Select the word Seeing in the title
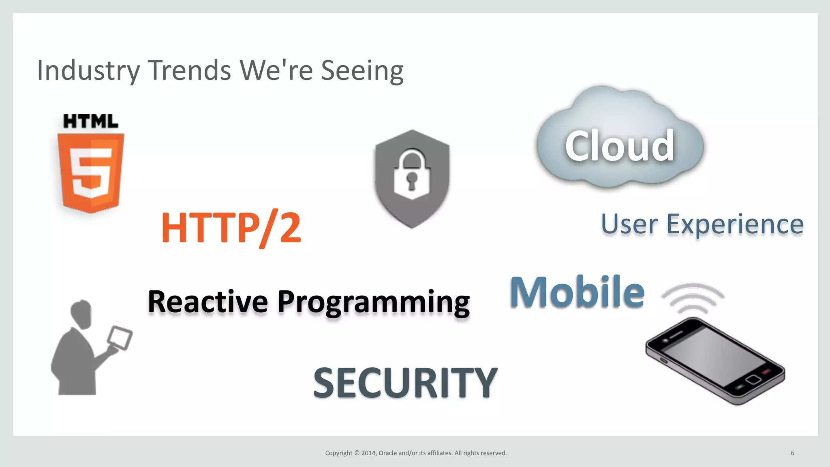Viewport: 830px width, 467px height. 362,71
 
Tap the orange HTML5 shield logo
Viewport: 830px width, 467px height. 91,172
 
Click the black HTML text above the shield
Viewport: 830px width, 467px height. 91,122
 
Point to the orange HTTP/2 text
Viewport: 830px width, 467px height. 231,228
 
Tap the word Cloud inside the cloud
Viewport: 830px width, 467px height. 620,146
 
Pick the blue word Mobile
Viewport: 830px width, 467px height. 577,292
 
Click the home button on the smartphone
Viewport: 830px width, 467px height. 753,380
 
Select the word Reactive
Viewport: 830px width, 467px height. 207,302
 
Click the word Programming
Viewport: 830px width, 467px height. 373,303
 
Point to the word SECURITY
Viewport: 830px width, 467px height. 405,383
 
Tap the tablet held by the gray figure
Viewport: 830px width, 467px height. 120,338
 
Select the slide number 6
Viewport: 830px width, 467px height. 792,453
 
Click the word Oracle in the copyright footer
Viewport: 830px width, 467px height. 387,453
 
